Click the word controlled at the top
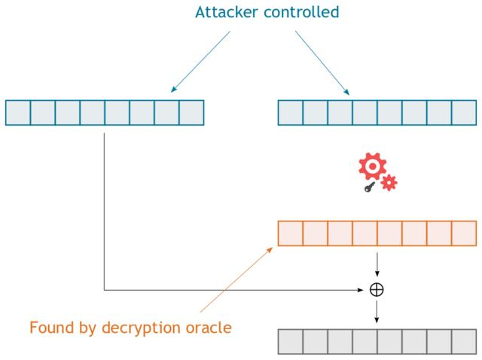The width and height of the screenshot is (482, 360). click(x=301, y=12)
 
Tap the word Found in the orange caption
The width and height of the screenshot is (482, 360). click(x=52, y=328)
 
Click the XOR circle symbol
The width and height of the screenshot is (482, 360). click(x=377, y=290)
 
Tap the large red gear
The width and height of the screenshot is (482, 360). click(x=372, y=166)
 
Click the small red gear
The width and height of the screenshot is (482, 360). click(x=389, y=182)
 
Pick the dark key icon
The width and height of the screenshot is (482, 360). click(x=369, y=187)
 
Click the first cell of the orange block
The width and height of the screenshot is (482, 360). click(x=291, y=233)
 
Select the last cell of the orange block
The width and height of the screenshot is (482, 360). click(x=464, y=233)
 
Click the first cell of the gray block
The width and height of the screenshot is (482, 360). click(x=291, y=342)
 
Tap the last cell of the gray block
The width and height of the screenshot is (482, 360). click(x=464, y=342)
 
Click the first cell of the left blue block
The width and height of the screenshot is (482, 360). click(x=18, y=112)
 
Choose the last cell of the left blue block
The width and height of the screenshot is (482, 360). click(x=191, y=112)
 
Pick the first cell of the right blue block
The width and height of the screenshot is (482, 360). click(x=291, y=112)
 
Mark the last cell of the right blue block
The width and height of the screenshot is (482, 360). click(x=464, y=112)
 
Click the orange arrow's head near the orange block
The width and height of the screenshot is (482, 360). click(x=270, y=250)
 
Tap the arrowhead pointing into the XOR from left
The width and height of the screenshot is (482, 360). click(x=361, y=290)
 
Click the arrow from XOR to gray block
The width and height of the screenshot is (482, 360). click(x=377, y=312)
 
